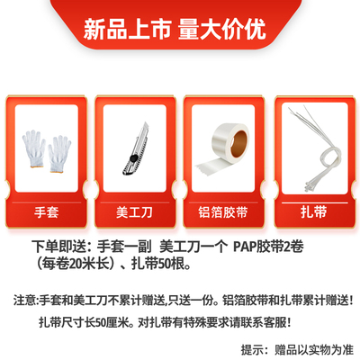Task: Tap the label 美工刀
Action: [138, 214]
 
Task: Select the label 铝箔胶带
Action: [221, 214]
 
